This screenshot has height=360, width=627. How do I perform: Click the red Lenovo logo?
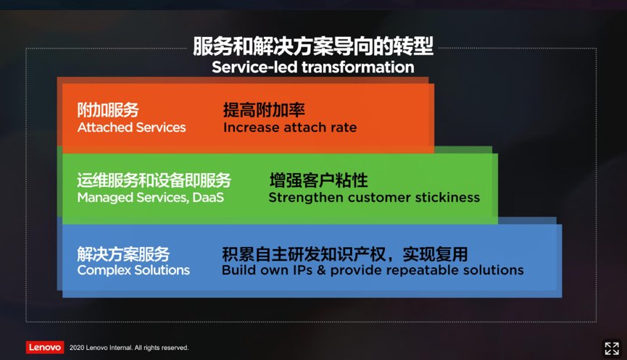45,347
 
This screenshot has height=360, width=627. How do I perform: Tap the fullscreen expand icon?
611,348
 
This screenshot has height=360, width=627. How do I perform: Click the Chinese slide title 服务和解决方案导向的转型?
313,46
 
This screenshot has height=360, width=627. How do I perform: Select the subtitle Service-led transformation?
313,67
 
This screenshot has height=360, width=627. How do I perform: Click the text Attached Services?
131,127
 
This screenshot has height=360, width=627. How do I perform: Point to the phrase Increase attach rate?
290,127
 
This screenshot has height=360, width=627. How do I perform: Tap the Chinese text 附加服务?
108,110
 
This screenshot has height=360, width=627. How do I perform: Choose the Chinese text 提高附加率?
264,110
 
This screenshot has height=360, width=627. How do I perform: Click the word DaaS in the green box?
208,197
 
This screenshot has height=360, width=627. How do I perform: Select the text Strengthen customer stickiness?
374,197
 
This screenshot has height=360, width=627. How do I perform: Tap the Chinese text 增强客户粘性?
319,180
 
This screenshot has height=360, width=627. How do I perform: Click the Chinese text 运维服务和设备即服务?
154,180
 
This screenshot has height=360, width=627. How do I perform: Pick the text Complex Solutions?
133,270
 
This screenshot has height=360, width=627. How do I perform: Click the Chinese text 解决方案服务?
123,254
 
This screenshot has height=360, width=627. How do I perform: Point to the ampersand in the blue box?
321,270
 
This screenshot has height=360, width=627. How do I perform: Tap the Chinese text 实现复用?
435,254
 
